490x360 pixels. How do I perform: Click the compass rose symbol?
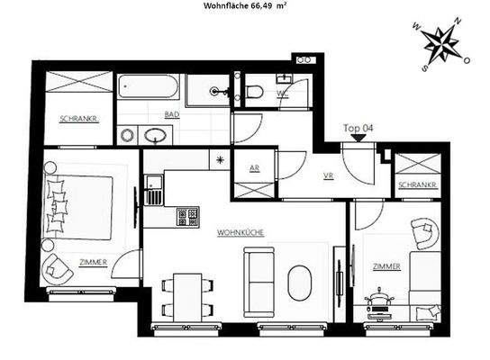[441, 48]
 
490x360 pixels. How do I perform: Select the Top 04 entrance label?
[358, 128]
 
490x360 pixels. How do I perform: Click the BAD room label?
[171, 115]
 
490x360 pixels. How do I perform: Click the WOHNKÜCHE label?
[240, 232]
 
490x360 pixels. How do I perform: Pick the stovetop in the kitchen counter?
[187, 216]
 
